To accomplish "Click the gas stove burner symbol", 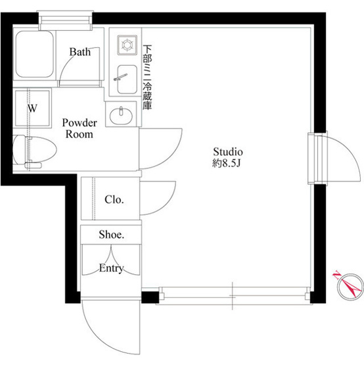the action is coord(127,45).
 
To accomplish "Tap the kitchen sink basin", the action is coord(127,79).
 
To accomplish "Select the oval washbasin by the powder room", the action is coord(121,116).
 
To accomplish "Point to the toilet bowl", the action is coord(35,150).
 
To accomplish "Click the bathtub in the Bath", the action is coord(35,54).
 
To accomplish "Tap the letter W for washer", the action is coord(32,109).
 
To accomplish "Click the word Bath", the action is coord(80,52).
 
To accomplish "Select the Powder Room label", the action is coord(80,128).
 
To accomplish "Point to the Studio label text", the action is coord(228,152).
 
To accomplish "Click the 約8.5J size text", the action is coord(226,163).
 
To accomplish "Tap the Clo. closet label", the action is coord(114,199).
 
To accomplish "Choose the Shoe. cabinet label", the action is coord(112,234).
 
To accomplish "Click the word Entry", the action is coord(111,268).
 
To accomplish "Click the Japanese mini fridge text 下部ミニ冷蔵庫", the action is coord(147,77).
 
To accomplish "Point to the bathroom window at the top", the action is coord(65,20).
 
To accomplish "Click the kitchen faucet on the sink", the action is coord(120,77).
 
